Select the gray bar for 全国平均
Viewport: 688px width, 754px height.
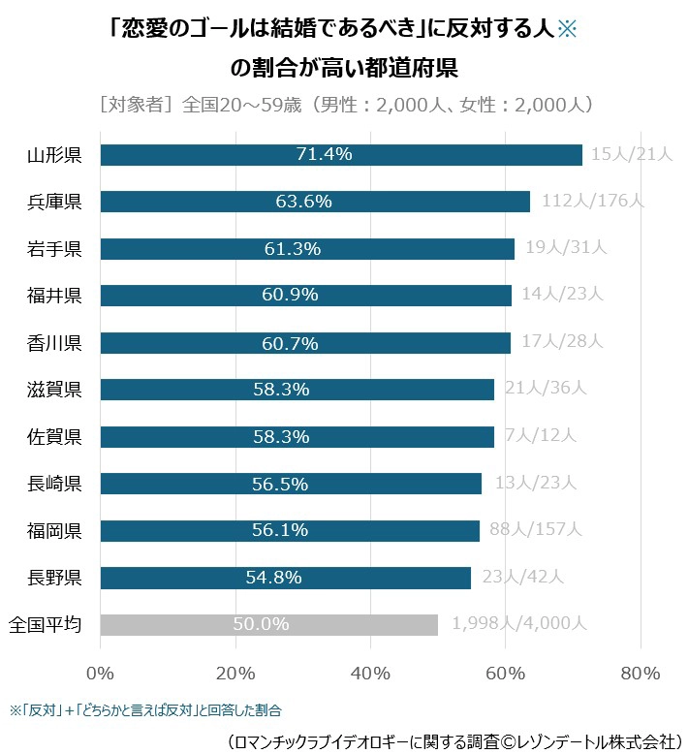point(268,624)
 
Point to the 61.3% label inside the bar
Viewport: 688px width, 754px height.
point(292,249)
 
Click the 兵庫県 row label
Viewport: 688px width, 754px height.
point(54,202)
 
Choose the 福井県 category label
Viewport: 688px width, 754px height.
point(54,296)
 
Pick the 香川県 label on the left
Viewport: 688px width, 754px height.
point(54,342)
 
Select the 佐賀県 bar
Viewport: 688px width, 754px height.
point(297,436)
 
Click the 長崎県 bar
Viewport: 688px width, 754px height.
point(291,483)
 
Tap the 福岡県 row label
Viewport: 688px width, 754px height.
point(54,530)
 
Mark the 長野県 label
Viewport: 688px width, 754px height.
point(54,578)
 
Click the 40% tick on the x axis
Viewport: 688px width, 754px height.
point(370,673)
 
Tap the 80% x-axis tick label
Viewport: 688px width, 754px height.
point(641,673)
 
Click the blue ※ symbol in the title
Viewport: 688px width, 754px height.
point(568,28)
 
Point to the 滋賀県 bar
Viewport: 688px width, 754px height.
point(297,390)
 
